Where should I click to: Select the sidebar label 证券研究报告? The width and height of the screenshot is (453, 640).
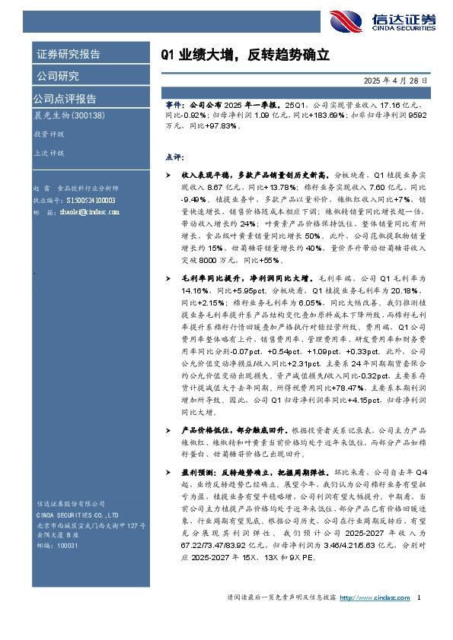coord(68,55)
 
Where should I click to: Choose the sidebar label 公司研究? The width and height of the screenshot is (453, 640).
coord(58,76)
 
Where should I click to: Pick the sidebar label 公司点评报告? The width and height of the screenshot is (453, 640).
coord(65,99)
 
